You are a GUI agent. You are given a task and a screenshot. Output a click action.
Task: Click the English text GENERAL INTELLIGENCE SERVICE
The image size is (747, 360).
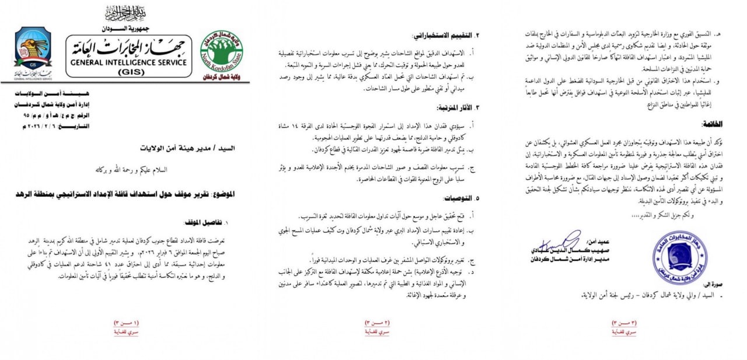tap(128, 62)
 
